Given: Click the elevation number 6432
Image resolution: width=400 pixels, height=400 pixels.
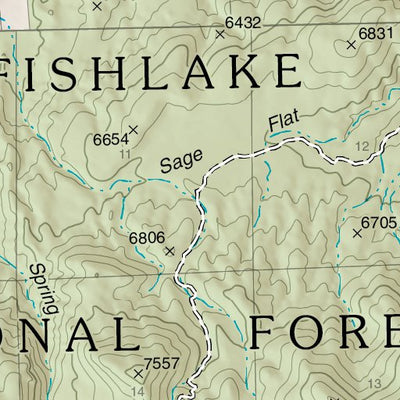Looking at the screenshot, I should (x=242, y=22).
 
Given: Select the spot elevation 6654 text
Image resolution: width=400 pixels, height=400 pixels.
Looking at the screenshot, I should (x=112, y=139).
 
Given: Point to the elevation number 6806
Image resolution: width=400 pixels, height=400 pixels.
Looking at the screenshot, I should (x=146, y=237).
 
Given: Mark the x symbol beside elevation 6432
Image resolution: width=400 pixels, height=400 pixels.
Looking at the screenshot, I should (x=220, y=33).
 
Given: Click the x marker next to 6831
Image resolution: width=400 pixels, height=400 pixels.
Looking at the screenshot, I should (x=352, y=44).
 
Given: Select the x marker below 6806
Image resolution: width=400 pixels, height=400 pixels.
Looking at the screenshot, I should (x=169, y=250).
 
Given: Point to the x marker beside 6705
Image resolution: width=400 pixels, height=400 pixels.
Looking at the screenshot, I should (x=357, y=233).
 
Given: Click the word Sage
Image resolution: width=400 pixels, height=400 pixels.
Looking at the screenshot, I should (x=181, y=160).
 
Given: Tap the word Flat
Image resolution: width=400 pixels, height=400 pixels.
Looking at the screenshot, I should (x=284, y=126).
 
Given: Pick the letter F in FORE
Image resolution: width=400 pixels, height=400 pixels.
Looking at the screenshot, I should (x=266, y=332).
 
